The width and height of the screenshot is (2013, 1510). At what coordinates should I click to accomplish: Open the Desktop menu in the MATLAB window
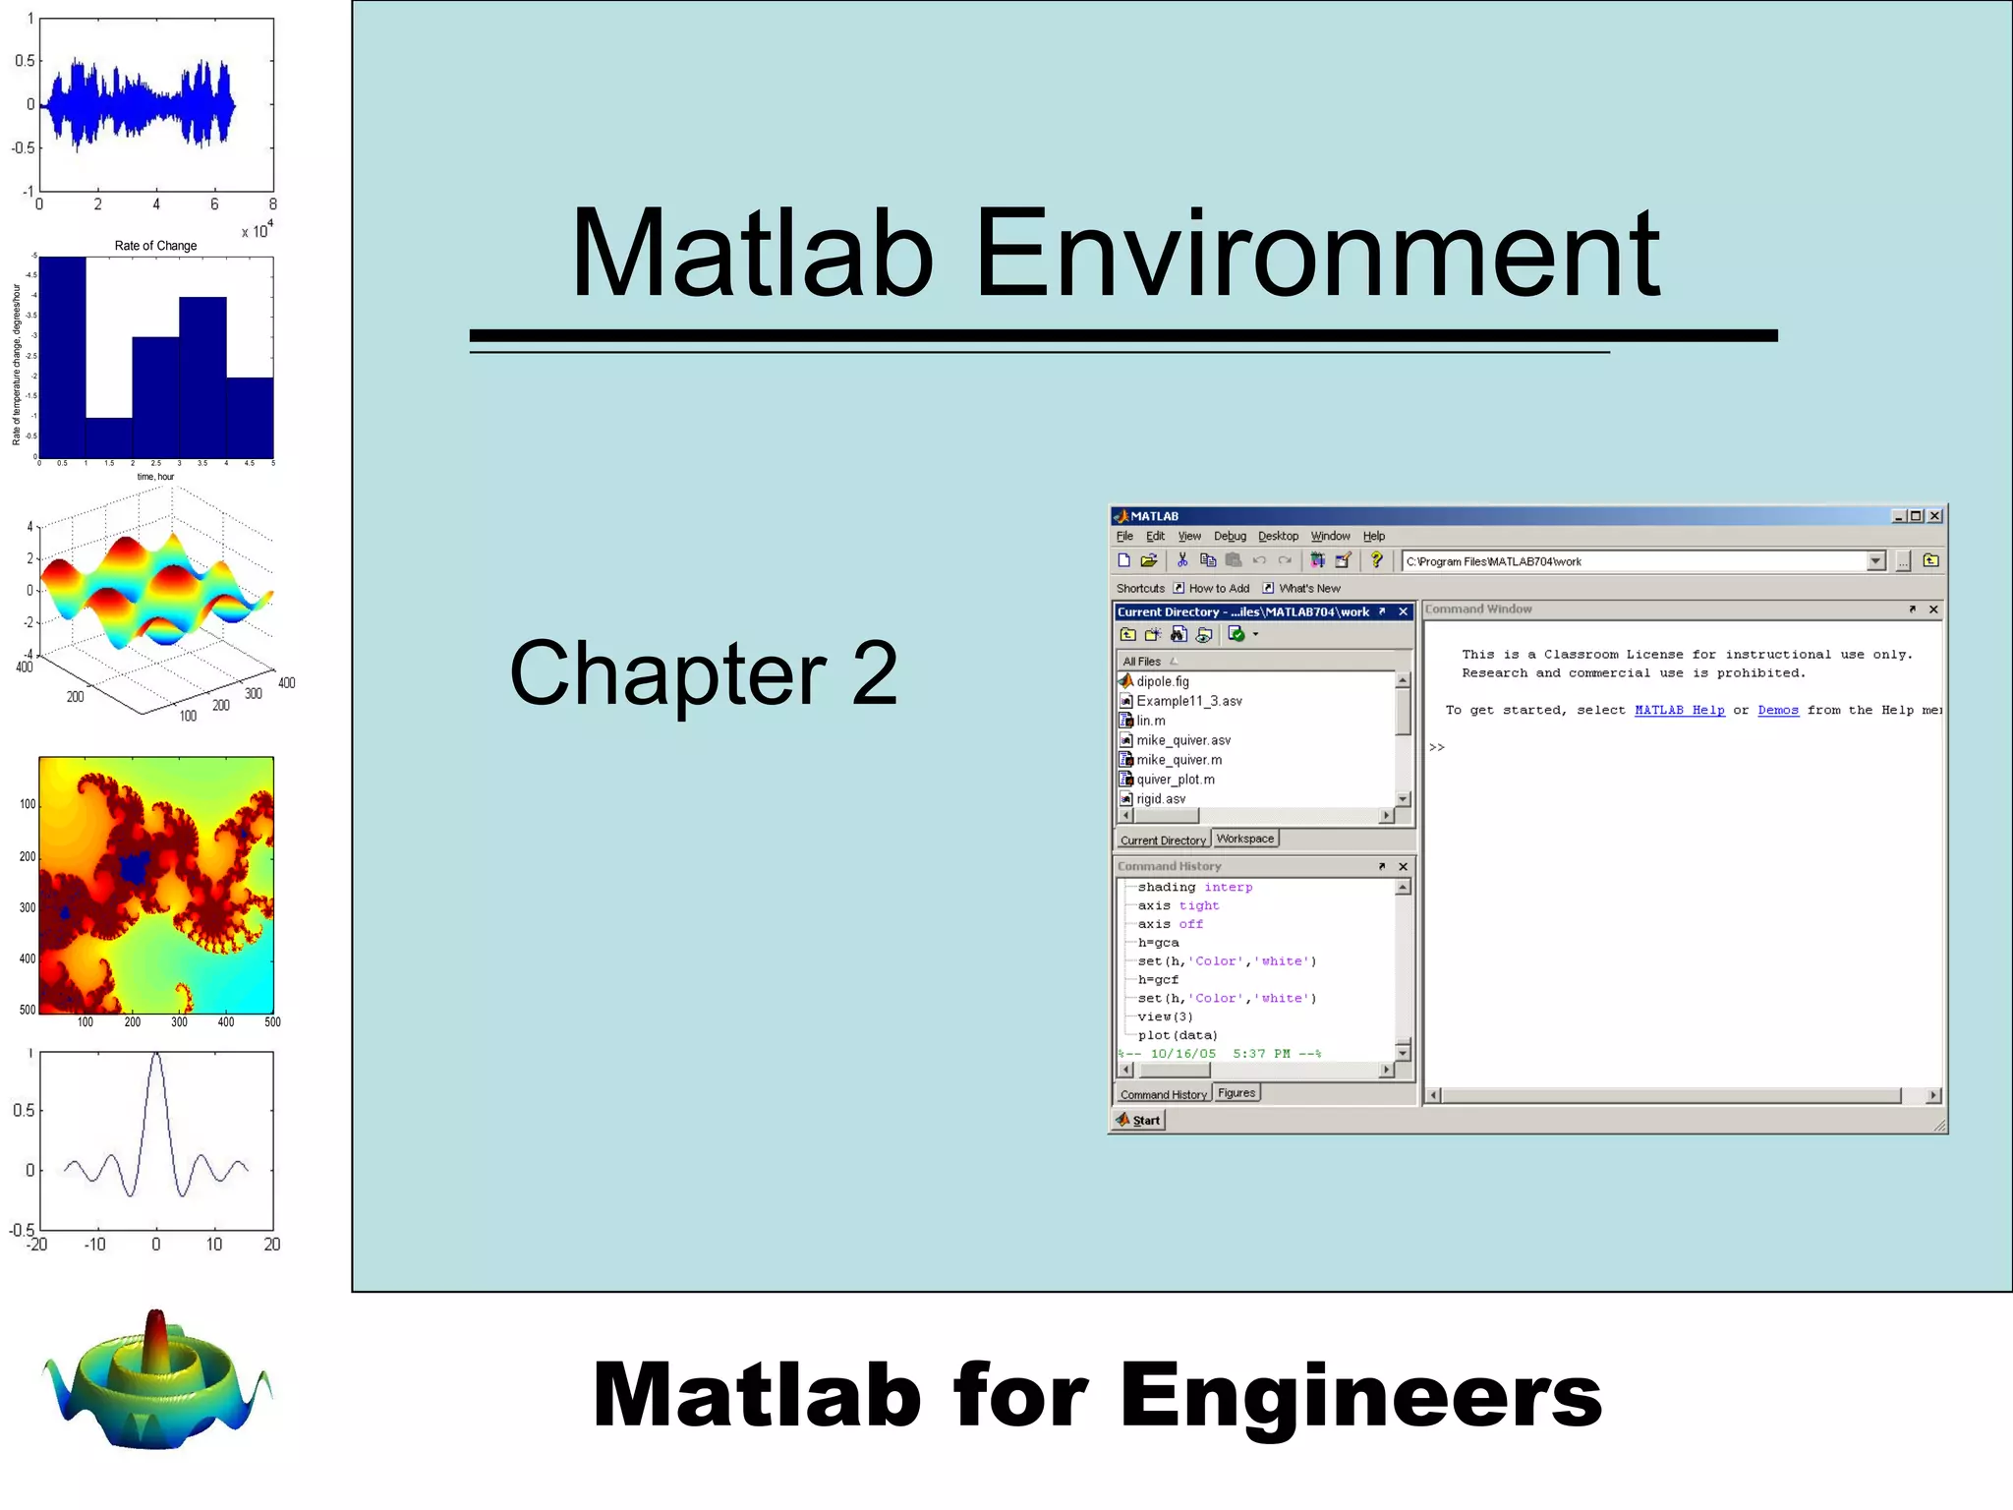click(x=1278, y=536)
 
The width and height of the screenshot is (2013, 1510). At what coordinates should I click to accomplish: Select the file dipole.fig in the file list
click(x=1162, y=681)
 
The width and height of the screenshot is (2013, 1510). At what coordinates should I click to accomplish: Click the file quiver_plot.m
click(x=1175, y=780)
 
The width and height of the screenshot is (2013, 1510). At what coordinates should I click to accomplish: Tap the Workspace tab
click(x=1244, y=839)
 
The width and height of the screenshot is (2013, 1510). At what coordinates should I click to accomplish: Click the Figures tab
click(x=1236, y=1093)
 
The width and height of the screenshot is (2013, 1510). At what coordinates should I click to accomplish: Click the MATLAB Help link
click(x=1679, y=710)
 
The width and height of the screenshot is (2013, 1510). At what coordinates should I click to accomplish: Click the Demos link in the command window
click(x=1777, y=710)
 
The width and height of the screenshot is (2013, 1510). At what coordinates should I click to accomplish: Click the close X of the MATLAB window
click(x=1934, y=516)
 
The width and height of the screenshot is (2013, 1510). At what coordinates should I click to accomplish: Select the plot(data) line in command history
click(x=1177, y=1035)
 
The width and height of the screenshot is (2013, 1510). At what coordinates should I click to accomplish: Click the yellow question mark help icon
click(x=1376, y=560)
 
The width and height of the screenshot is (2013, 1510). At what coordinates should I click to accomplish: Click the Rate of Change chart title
click(x=155, y=246)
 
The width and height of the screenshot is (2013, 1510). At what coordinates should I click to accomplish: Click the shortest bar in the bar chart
click(x=108, y=437)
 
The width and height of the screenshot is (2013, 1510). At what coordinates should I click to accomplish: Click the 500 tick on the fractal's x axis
click(x=272, y=1022)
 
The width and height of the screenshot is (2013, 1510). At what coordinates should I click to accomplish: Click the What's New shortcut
click(x=1308, y=588)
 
